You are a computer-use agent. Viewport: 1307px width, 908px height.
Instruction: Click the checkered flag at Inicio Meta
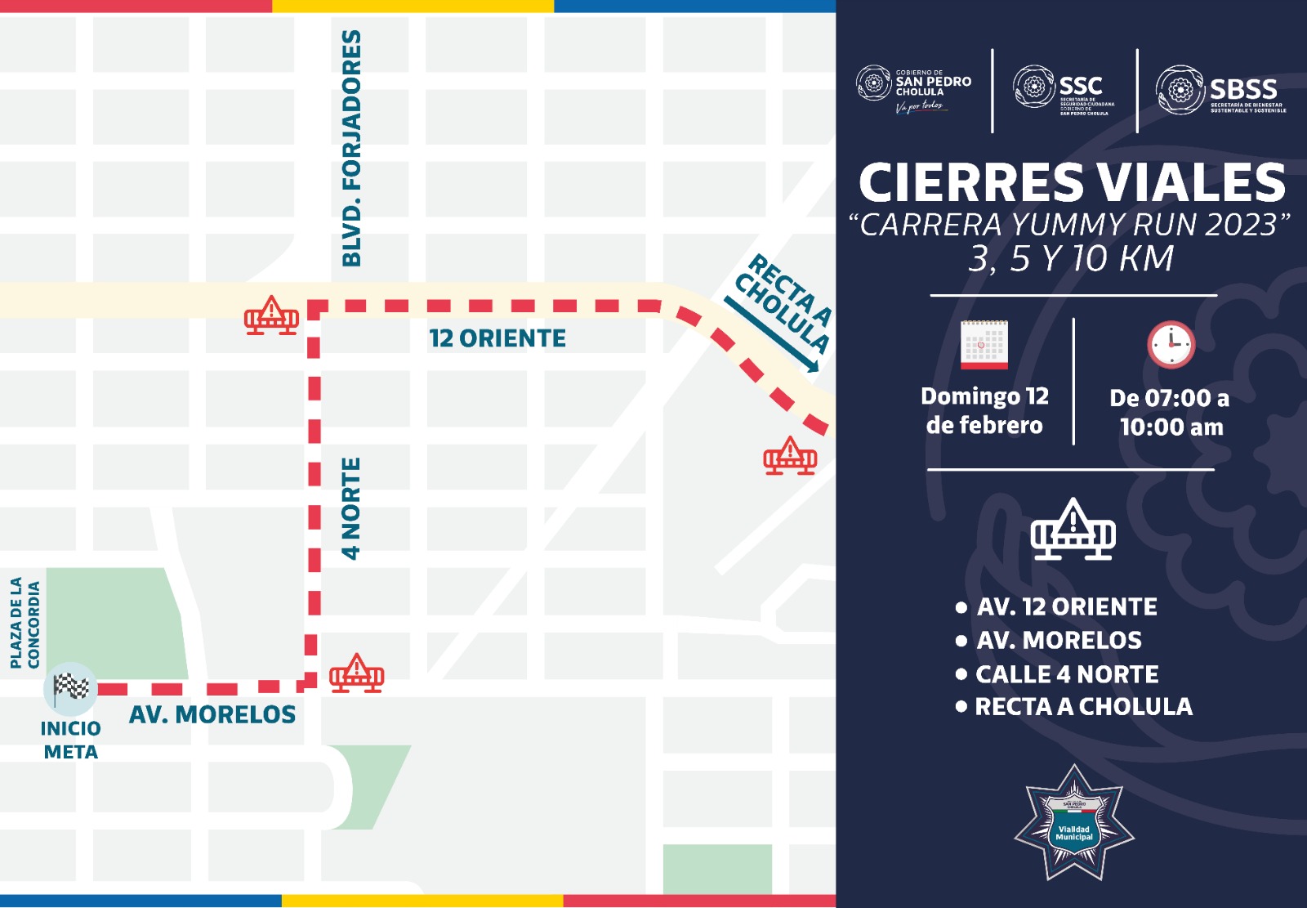71,687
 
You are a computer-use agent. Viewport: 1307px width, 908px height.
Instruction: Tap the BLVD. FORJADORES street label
351,148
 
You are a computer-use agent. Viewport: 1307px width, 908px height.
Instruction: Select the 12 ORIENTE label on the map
497,338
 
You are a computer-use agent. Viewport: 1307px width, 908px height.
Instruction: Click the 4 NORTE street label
350,508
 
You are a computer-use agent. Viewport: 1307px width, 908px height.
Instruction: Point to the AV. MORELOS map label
212,715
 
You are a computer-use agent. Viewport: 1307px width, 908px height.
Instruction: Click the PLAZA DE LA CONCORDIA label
25,623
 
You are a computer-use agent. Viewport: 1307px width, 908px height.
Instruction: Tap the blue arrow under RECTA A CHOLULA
771,335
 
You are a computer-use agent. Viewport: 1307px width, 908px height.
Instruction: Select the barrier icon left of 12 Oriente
271,315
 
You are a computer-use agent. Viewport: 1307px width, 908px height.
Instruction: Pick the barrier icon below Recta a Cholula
790,456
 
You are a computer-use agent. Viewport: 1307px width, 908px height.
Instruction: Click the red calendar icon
984,345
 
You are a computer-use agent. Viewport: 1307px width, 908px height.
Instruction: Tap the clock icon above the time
1171,345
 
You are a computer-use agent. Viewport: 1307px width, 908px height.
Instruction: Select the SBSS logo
1220,90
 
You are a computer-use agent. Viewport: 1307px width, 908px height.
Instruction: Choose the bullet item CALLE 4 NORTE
1067,674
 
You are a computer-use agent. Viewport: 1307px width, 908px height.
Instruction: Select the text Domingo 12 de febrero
984,411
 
